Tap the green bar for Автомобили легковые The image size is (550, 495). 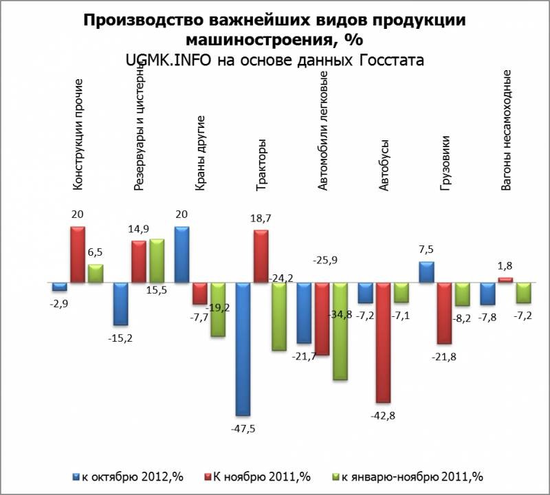[x=340, y=331]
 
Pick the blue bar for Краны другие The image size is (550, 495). [x=182, y=254]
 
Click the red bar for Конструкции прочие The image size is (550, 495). [x=78, y=254]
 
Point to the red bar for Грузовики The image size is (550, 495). [x=444, y=313]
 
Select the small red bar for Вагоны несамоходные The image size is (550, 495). [x=505, y=280]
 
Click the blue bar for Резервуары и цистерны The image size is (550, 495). [x=121, y=303]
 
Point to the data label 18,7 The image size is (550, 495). [x=261, y=218]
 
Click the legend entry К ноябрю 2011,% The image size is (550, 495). [x=258, y=476]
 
